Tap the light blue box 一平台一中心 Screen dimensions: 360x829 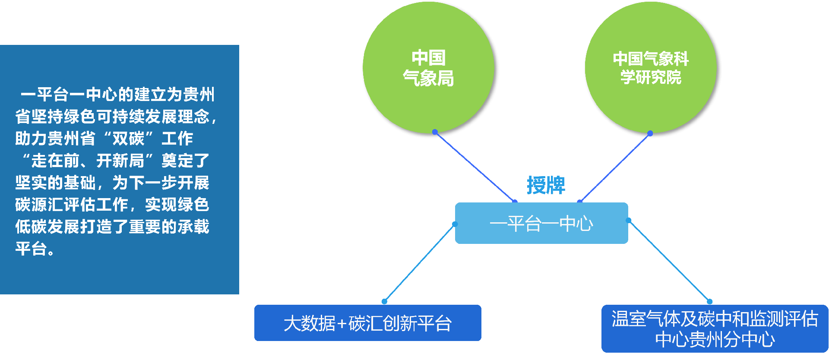click(x=541, y=223)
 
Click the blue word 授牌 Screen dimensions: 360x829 click(x=546, y=186)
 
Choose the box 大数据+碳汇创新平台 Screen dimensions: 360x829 click(x=367, y=323)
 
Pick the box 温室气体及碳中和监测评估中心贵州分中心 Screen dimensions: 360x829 click(x=715, y=329)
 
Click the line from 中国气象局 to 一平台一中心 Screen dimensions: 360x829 click(x=475, y=167)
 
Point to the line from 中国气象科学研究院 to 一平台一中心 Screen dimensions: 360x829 click(x=615, y=167)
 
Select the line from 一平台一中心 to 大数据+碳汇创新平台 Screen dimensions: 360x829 click(x=420, y=262)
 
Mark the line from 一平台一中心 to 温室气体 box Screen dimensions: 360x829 click(x=669, y=261)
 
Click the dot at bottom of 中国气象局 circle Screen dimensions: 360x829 click(x=435, y=132)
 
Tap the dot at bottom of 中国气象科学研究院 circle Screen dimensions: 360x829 click(x=650, y=133)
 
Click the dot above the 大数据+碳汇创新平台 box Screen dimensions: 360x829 click(x=384, y=301)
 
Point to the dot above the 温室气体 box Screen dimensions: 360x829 click(x=709, y=301)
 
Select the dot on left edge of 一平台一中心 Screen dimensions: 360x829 click(x=455, y=224)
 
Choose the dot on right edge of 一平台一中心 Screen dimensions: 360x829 click(x=629, y=221)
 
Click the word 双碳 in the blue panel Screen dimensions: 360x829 click(x=128, y=139)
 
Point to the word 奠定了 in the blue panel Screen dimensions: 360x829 click(x=185, y=161)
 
